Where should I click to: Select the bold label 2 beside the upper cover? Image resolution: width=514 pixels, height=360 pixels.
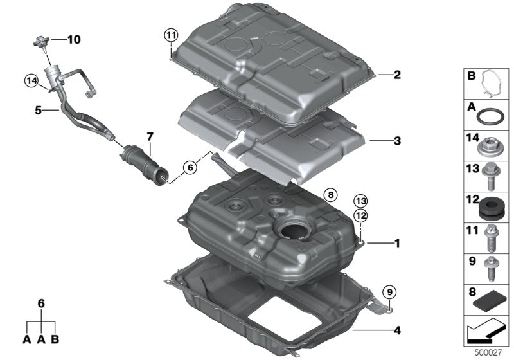tap(397, 75)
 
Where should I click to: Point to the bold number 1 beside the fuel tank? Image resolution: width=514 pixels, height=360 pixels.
tap(397, 243)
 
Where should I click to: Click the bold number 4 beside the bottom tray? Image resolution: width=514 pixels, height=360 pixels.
tap(397, 331)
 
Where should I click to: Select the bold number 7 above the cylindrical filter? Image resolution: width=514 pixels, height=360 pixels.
tap(150, 136)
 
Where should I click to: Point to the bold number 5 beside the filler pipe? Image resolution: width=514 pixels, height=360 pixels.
tap(39, 110)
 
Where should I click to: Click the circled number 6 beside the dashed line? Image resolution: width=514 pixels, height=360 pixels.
tap(189, 167)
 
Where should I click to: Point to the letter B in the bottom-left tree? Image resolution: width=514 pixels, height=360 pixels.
tap(56, 338)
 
